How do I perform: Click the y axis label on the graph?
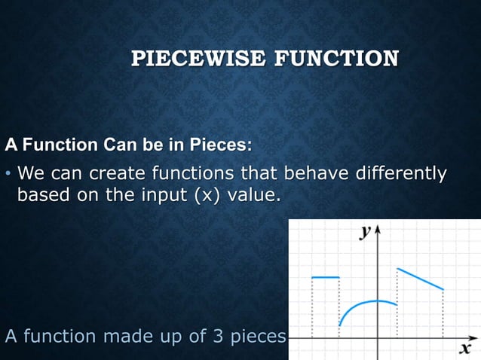(x=365, y=232)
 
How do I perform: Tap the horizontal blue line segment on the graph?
(x=326, y=278)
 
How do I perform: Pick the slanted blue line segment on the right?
(x=420, y=279)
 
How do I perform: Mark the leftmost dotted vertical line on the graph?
(x=312, y=309)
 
